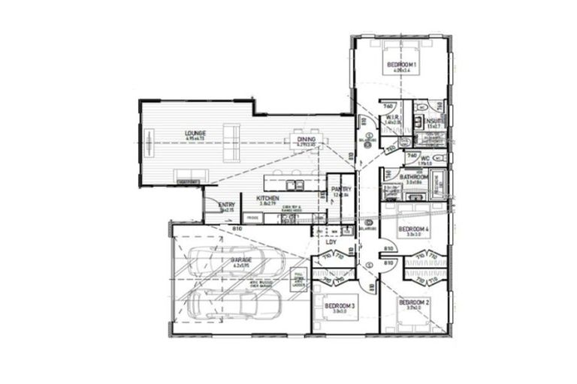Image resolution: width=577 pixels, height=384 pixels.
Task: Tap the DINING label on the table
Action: coord(305,139)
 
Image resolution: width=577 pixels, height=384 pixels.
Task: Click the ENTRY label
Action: coord(225,205)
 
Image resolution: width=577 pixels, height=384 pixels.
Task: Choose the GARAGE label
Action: coord(241,259)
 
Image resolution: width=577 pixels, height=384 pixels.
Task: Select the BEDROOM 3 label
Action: coord(340,306)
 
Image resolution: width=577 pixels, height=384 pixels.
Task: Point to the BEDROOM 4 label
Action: coord(413,229)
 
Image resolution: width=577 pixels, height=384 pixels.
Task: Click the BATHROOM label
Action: coord(413,178)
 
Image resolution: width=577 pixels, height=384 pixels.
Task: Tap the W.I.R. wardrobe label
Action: coord(391,118)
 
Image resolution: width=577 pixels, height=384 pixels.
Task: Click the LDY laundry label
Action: coord(331,241)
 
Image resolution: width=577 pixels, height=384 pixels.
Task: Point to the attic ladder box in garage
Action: coord(298,278)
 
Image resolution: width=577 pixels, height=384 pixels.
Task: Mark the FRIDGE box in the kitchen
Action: coord(252,217)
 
